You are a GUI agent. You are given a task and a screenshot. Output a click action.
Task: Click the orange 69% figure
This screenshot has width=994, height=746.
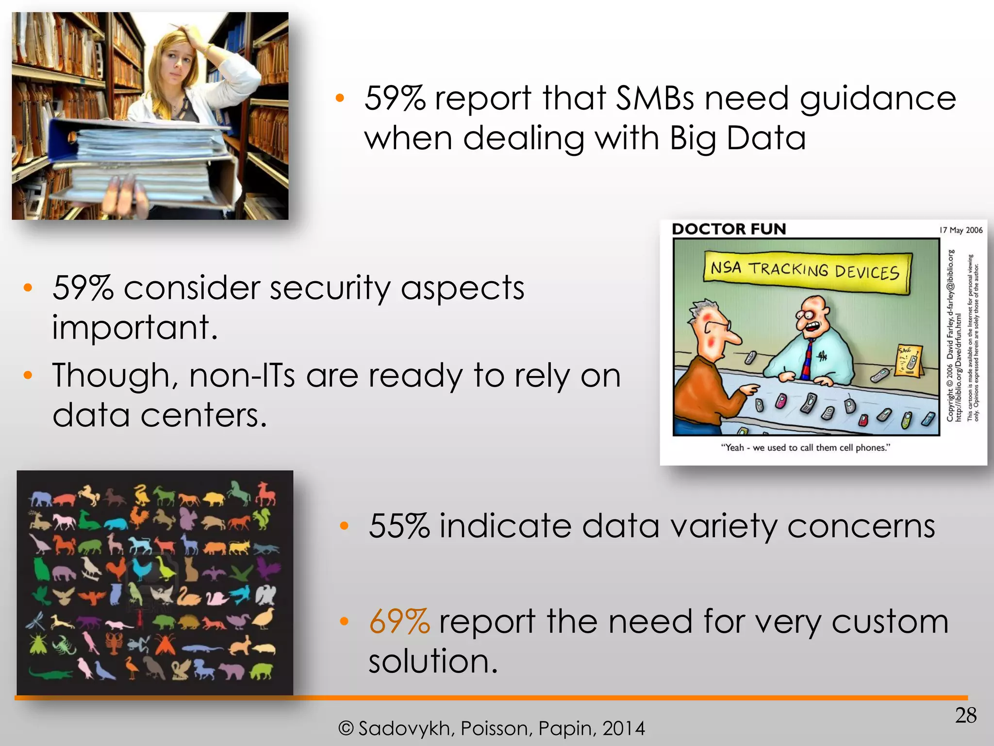coord(399,622)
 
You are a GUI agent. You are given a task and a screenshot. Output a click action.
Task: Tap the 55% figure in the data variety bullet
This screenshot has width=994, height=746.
coord(399,526)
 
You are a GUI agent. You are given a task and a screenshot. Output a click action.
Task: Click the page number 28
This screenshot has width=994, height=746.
coord(965,715)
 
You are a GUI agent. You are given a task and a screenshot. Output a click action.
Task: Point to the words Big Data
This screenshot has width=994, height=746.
coord(738,139)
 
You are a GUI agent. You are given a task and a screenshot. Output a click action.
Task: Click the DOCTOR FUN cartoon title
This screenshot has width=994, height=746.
coord(729,229)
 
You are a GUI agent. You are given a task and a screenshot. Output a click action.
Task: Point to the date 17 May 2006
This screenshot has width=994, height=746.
coord(961,230)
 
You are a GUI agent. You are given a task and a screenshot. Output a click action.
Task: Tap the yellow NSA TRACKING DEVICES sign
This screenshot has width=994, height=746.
coord(805,271)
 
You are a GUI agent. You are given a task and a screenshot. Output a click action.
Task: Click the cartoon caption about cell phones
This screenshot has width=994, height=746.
coord(805,447)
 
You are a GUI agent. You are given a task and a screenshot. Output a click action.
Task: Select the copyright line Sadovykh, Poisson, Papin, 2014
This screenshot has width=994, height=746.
coord(491,729)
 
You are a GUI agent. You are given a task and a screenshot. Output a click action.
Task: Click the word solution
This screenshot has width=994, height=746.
coord(433,661)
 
